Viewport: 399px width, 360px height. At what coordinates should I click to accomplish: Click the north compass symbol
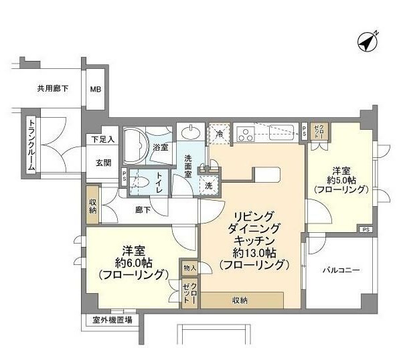coord(368,42)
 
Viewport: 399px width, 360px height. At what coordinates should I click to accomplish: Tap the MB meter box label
coord(96,89)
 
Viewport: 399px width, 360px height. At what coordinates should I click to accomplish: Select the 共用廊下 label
coord(53,88)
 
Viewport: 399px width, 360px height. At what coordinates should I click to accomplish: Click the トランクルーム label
coord(31,145)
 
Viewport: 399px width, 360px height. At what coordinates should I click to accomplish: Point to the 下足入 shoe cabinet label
coord(102,139)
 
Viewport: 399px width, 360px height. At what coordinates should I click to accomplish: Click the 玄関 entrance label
coord(103,163)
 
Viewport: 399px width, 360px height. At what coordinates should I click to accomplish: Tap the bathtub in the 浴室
coord(135,145)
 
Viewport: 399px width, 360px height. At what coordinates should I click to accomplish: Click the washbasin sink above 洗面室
coord(190,133)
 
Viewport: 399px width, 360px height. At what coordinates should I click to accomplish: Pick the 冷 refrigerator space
coord(220,134)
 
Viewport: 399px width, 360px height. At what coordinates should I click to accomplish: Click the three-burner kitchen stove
coord(246,134)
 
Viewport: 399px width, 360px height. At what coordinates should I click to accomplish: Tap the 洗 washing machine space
coord(209,185)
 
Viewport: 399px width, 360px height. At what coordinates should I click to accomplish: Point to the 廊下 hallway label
coord(143,210)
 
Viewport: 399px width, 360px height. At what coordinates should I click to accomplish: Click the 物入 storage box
coord(189,268)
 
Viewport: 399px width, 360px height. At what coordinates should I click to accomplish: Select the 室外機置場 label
coord(112,320)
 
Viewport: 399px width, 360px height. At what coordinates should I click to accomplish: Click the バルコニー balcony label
coord(341,270)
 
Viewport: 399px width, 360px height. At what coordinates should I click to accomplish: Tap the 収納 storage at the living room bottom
coord(242,300)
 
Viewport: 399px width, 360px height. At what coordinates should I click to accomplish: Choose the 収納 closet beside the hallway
coord(92,205)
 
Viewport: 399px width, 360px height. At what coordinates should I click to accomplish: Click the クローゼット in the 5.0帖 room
coord(319,132)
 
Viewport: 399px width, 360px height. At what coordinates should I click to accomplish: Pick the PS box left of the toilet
coord(124,176)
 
